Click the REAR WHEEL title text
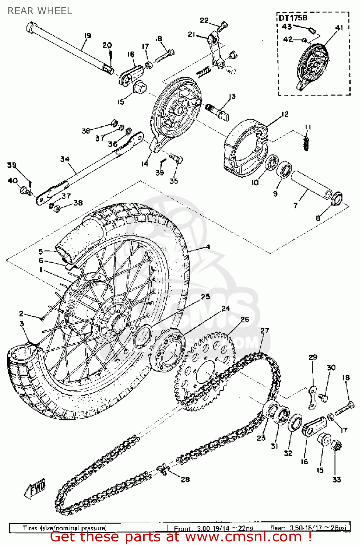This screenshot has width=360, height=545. [40, 11]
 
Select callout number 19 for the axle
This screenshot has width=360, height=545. [87, 36]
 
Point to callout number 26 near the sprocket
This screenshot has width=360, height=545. [245, 319]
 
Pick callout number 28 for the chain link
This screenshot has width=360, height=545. [185, 479]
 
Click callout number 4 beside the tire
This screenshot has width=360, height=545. [208, 247]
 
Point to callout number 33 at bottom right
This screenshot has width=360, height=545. [337, 480]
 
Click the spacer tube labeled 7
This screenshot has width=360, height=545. [311, 185]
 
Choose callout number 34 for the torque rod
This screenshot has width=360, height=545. [65, 159]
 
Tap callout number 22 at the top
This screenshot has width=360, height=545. [204, 20]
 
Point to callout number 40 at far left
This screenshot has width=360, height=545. [12, 181]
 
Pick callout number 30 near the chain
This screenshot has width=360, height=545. [331, 368]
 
